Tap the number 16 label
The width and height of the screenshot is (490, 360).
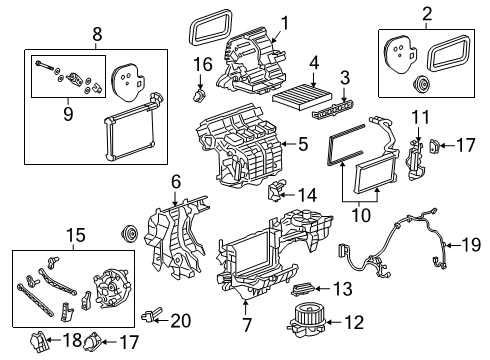point(204,65)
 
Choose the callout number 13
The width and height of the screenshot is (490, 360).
point(343,289)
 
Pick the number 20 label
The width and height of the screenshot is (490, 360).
point(181,321)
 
